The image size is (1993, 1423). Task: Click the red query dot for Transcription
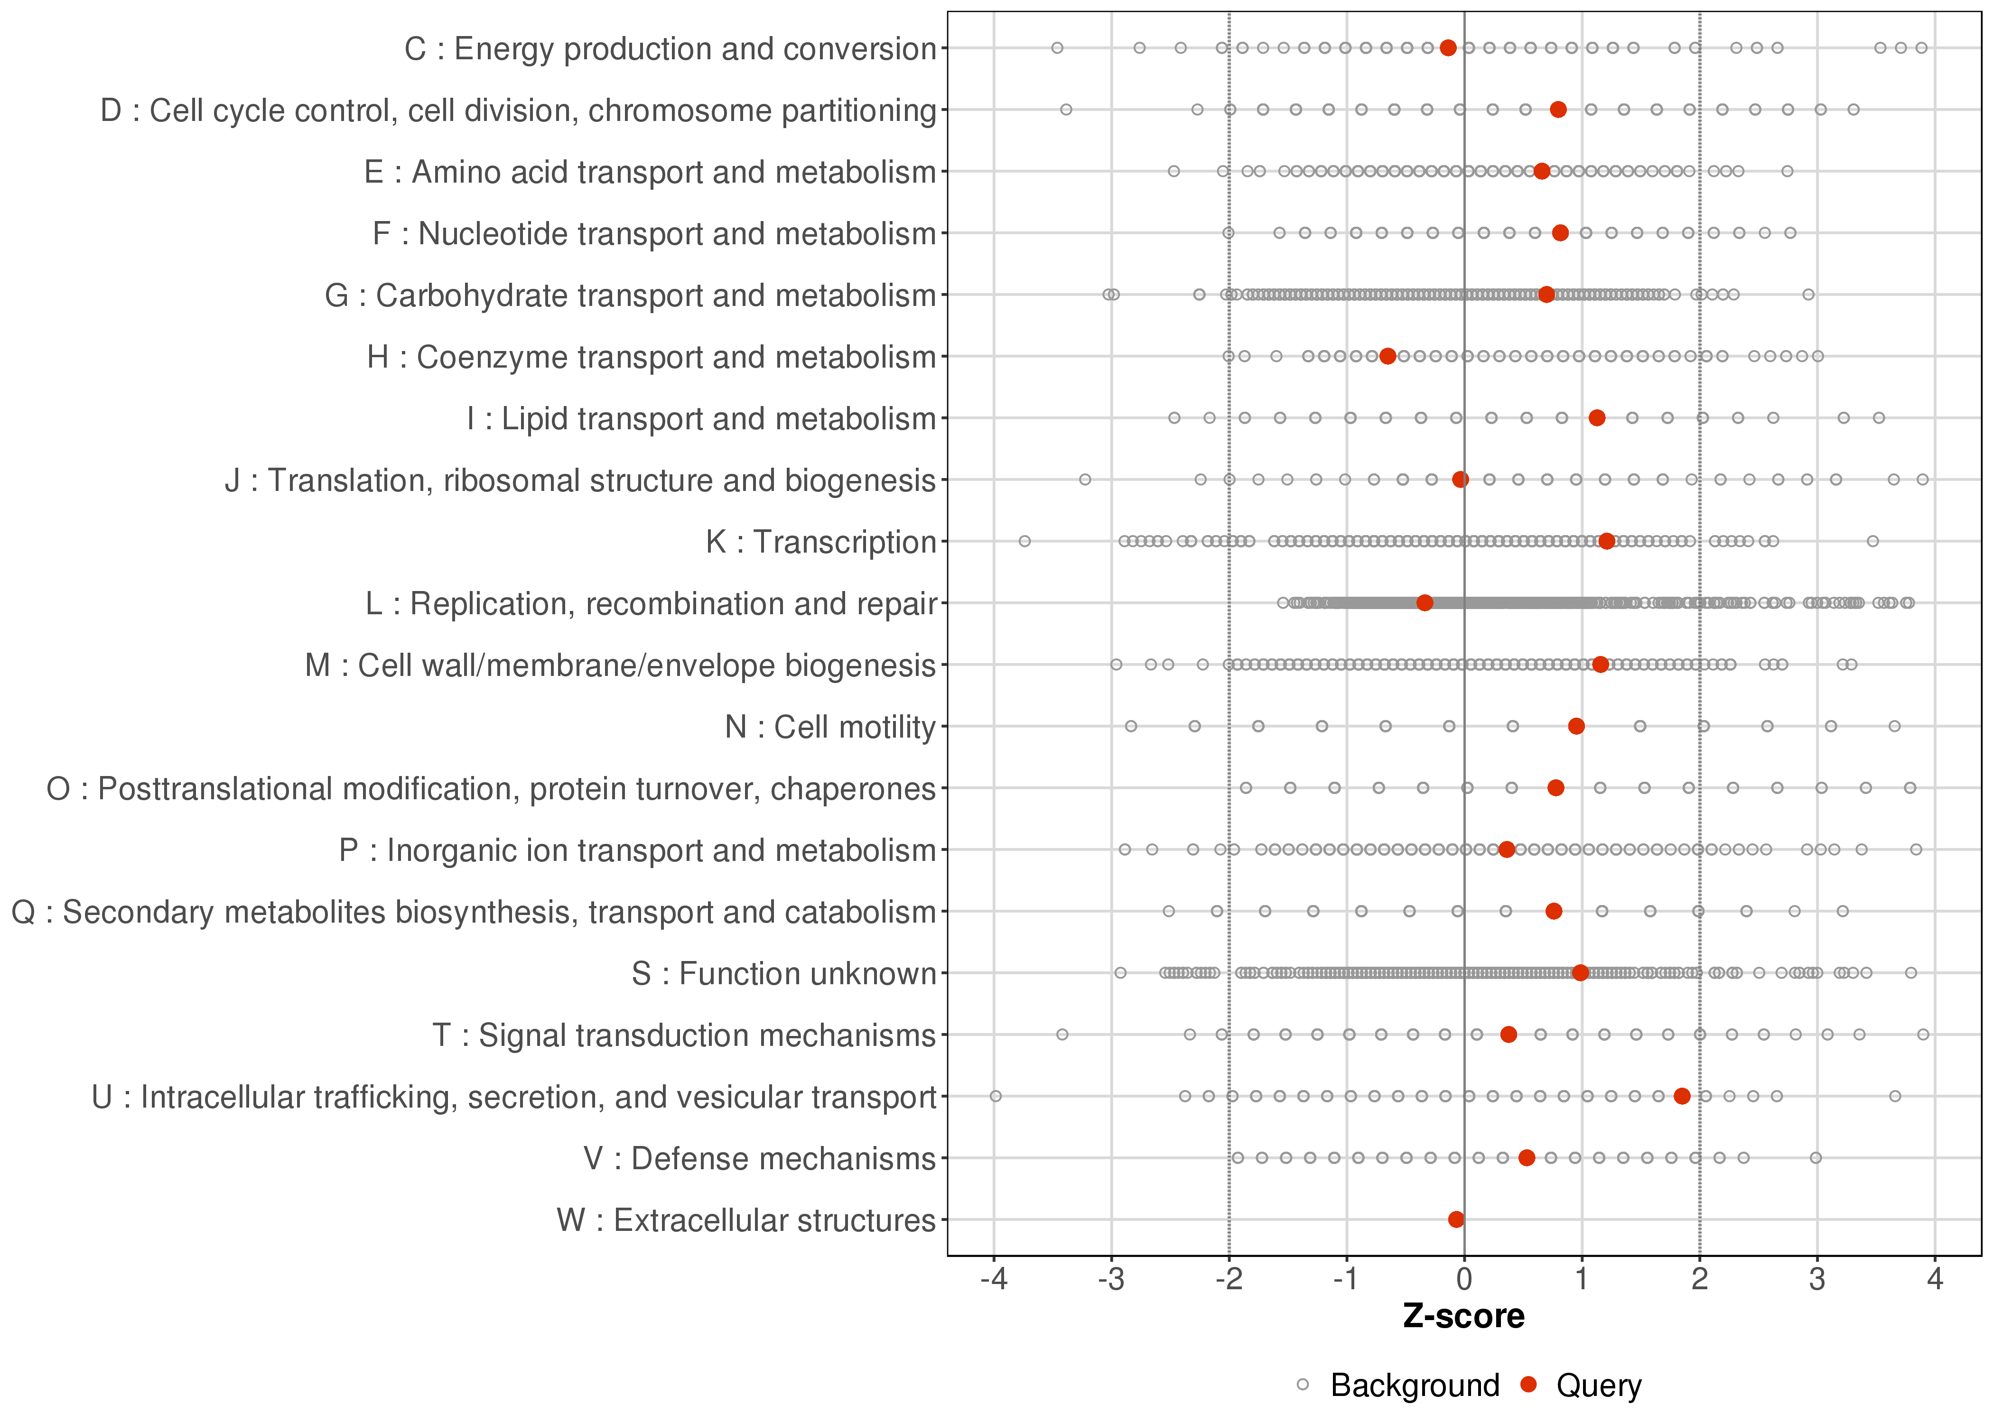tap(1606, 542)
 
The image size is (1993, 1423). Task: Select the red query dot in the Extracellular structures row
tap(1456, 1220)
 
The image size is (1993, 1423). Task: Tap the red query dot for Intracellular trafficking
tap(1682, 1096)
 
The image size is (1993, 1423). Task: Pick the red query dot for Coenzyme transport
tap(1388, 357)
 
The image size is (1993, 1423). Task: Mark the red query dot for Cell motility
tap(1576, 726)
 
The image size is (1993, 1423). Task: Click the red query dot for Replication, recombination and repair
tap(1425, 603)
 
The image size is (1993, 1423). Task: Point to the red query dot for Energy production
tap(1448, 48)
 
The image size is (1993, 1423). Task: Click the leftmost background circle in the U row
tap(996, 1096)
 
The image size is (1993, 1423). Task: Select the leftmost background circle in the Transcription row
tap(1024, 542)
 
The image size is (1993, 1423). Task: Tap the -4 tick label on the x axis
tap(994, 1280)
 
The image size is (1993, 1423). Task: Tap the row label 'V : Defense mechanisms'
tap(760, 1158)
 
